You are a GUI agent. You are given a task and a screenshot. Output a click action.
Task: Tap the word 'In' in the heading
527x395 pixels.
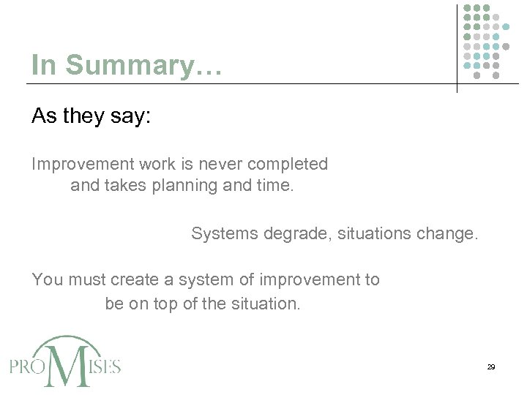(44, 65)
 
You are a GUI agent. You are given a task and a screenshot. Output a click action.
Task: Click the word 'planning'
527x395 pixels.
(188, 186)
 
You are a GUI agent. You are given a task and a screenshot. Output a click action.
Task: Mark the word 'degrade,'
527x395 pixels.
(293, 234)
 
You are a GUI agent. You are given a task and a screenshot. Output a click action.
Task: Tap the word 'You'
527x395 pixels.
(46, 280)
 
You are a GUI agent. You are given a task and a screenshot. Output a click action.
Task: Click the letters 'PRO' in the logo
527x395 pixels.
(28, 366)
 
